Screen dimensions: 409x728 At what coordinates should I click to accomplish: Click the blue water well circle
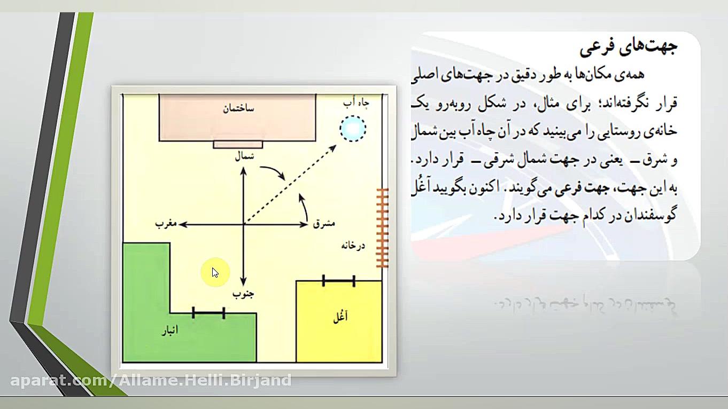[x=353, y=129]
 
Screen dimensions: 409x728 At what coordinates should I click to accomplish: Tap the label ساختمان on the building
[x=238, y=109]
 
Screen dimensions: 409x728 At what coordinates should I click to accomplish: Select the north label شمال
[x=244, y=156]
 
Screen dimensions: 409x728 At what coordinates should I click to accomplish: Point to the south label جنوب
[x=243, y=294]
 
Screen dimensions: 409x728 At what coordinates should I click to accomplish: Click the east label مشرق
[x=324, y=224]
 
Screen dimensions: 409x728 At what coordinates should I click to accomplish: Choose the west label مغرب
[x=166, y=224]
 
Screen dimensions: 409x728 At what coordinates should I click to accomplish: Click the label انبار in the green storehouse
[x=170, y=331]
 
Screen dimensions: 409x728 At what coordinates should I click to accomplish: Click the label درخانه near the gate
[x=353, y=246]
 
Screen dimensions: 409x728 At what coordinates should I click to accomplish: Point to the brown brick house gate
[x=382, y=228]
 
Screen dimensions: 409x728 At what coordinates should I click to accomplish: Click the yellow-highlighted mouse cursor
[x=215, y=273]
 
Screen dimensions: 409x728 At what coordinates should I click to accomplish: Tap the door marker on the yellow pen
[x=339, y=280]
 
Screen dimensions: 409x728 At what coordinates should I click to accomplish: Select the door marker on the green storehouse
[x=208, y=313]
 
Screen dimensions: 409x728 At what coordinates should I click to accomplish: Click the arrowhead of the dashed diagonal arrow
[x=334, y=147]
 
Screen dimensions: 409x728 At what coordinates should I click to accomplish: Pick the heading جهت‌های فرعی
[x=629, y=48]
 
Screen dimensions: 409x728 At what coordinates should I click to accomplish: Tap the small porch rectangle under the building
[x=238, y=144]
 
